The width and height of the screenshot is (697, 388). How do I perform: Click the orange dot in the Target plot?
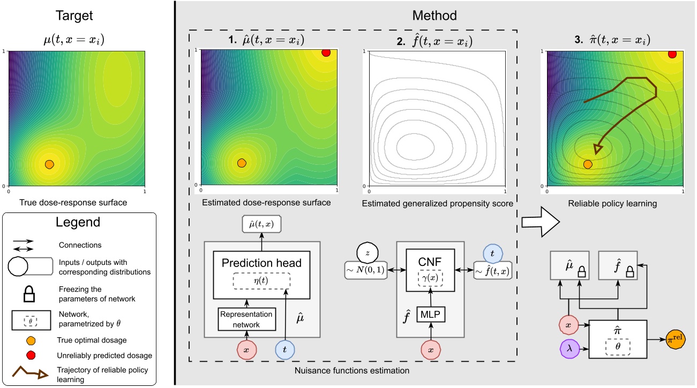coord(49,164)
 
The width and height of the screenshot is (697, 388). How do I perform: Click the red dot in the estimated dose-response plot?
coord(326,52)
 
